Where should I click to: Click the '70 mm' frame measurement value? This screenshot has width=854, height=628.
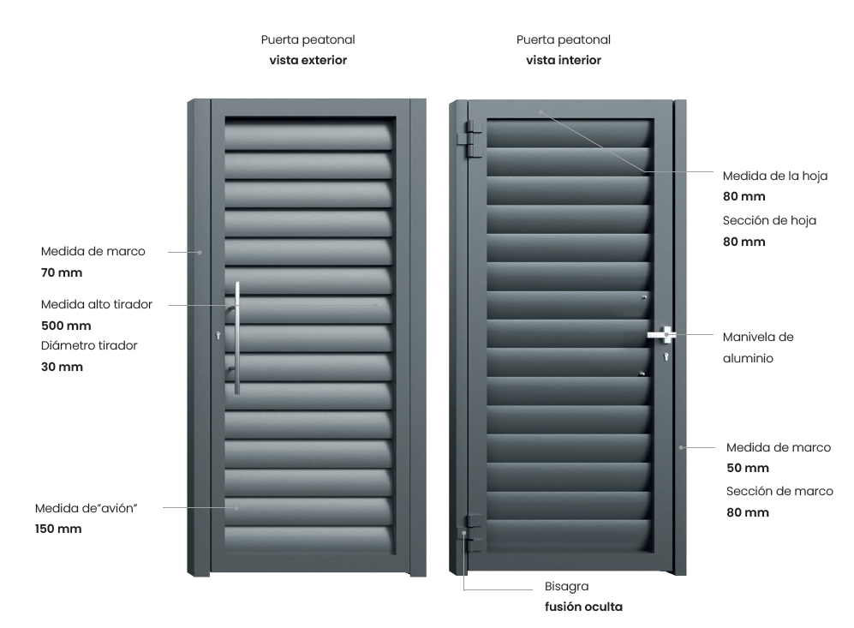pyautogui.click(x=61, y=273)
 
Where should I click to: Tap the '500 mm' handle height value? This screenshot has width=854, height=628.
pyautogui.click(x=66, y=326)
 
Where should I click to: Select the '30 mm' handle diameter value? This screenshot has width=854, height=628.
pyautogui.click(x=63, y=367)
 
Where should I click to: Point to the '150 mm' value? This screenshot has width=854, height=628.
pyautogui.click(x=58, y=529)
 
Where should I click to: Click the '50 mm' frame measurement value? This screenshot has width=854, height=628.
pyautogui.click(x=748, y=468)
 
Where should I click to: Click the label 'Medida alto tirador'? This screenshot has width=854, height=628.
pyautogui.click(x=97, y=304)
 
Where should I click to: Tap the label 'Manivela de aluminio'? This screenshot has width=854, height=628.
pyautogui.click(x=758, y=348)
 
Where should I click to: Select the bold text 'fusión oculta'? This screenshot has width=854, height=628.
pyautogui.click(x=583, y=607)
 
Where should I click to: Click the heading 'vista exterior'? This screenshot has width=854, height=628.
pyautogui.click(x=308, y=61)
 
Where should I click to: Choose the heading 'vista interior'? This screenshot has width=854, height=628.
pyautogui.click(x=564, y=61)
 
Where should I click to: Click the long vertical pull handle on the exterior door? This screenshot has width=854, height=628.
pyautogui.click(x=237, y=338)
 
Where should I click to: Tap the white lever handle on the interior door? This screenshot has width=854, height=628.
pyautogui.click(x=662, y=334)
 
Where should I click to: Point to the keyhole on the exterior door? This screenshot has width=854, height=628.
pyautogui.click(x=220, y=336)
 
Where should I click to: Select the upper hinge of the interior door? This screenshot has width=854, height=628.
pyautogui.click(x=468, y=136)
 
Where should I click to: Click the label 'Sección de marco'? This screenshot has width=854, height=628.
pyautogui.click(x=779, y=491)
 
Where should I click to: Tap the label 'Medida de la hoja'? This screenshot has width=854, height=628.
pyautogui.click(x=775, y=176)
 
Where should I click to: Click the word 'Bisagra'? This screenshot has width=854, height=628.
pyautogui.click(x=566, y=587)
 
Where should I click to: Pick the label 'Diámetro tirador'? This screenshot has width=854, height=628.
pyautogui.click(x=89, y=345)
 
